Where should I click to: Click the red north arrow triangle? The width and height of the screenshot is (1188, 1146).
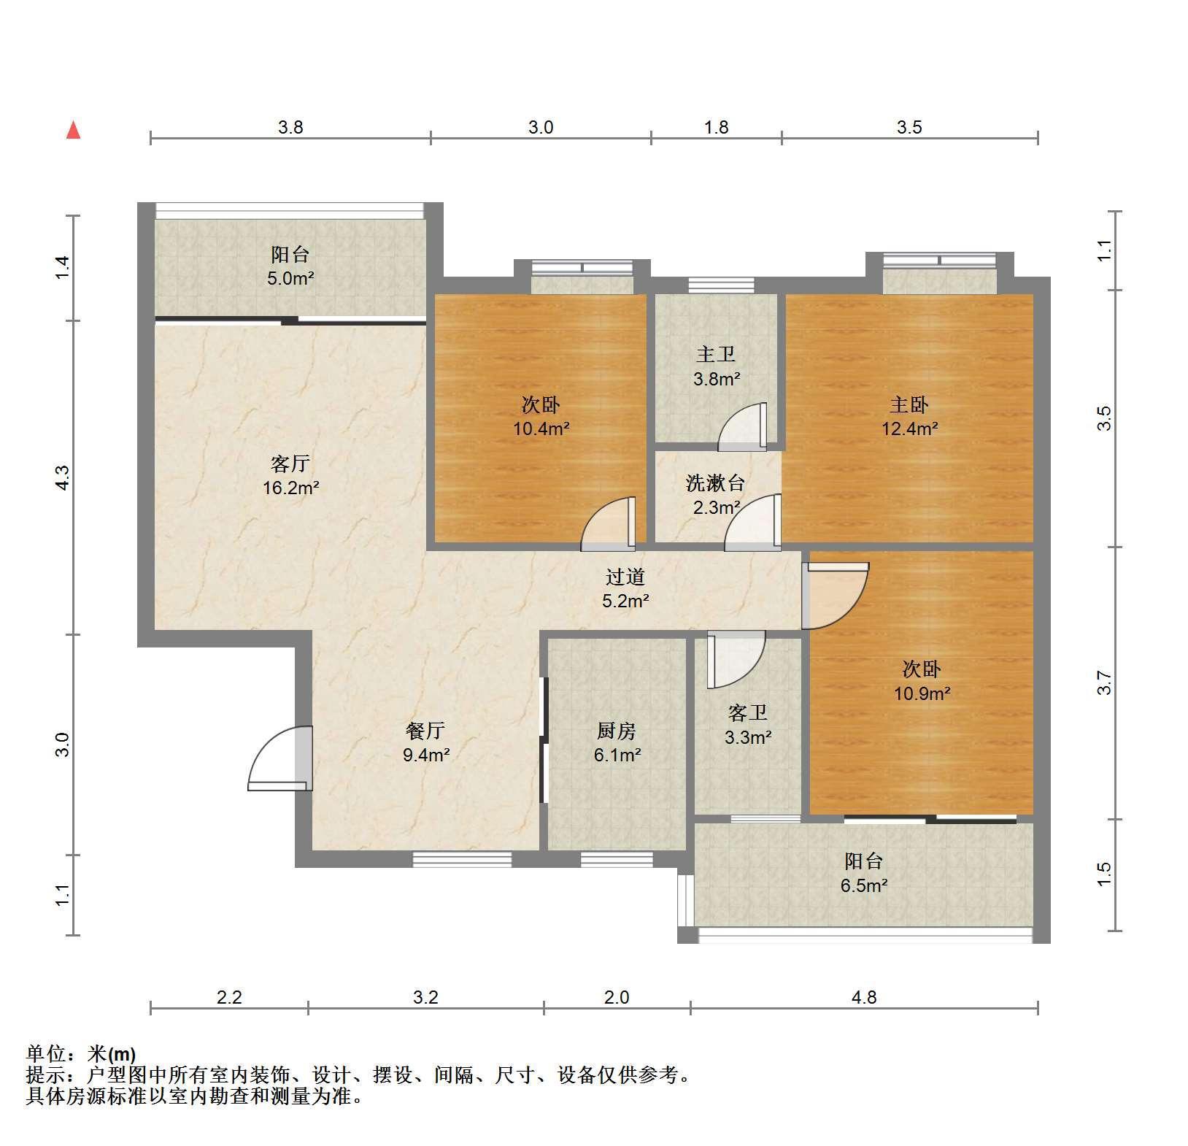(73, 130)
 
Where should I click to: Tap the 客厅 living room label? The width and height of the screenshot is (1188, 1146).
(290, 464)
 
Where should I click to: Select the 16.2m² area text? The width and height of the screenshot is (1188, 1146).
(290, 488)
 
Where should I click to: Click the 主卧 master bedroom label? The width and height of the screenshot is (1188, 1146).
(909, 404)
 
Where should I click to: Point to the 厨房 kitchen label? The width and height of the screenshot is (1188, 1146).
(617, 731)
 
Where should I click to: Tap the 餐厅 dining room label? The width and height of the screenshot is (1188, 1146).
(425, 731)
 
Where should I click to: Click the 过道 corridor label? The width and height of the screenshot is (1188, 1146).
(626, 577)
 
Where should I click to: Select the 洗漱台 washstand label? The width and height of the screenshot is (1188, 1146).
(716, 482)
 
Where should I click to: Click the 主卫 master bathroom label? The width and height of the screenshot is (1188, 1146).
(716, 355)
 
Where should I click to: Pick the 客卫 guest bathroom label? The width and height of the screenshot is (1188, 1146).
(748, 713)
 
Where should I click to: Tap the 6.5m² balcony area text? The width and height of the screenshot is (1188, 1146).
(864, 885)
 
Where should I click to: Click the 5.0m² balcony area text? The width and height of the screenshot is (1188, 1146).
(290, 278)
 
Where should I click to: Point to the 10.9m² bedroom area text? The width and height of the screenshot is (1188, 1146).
(922, 693)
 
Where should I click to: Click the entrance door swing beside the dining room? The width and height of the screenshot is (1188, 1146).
(280, 759)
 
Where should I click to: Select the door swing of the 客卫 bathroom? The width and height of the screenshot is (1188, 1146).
(736, 659)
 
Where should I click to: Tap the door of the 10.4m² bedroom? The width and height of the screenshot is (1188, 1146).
(609, 523)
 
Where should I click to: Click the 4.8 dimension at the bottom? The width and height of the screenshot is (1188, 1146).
(864, 996)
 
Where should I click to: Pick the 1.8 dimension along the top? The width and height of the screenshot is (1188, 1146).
(717, 127)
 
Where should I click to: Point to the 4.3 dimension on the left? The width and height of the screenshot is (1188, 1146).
(63, 477)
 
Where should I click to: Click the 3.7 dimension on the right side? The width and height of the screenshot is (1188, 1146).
(1104, 683)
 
